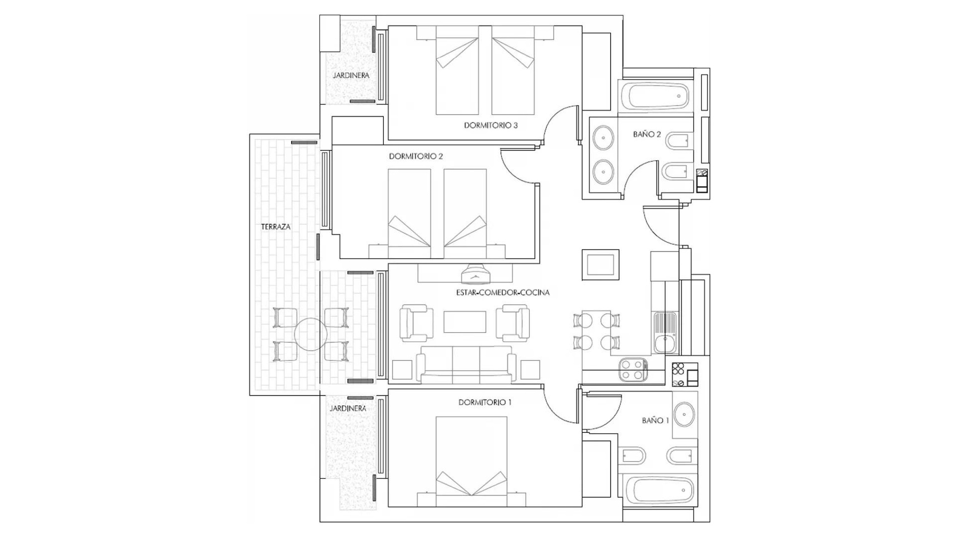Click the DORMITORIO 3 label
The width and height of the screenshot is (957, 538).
tap(490, 126)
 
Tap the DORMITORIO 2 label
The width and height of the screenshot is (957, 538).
tap(416, 156)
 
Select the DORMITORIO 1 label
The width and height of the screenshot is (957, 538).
tap(484, 403)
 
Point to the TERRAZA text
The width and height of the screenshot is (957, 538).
tap(276, 227)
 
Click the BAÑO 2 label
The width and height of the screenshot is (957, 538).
tap(646, 134)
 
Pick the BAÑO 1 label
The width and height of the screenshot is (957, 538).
tap(655, 420)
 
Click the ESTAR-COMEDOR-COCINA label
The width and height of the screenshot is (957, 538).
tap(502, 292)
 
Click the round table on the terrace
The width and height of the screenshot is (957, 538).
tap(311, 334)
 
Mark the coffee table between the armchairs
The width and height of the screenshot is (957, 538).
tap(465, 322)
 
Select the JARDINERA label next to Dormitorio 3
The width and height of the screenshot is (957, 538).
tap(351, 76)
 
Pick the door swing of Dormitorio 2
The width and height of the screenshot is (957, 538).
tap(518, 166)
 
